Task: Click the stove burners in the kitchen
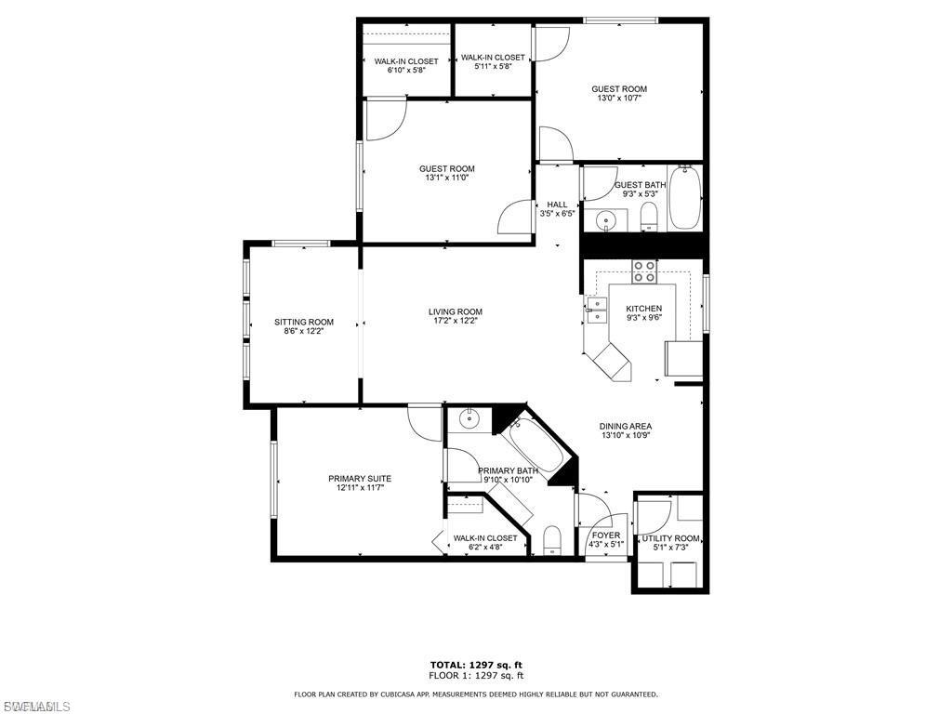tap(643, 271)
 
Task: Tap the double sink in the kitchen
tap(595, 310)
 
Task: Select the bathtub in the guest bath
tap(685, 197)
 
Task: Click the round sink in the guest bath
tap(606, 221)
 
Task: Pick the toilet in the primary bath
tap(551, 540)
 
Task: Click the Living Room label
tap(455, 311)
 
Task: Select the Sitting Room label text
tap(303, 323)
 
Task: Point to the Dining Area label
tap(626, 426)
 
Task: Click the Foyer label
tap(606, 535)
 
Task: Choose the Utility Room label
tap(670, 538)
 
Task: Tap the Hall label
tap(557, 205)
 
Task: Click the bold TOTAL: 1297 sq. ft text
tap(475, 665)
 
